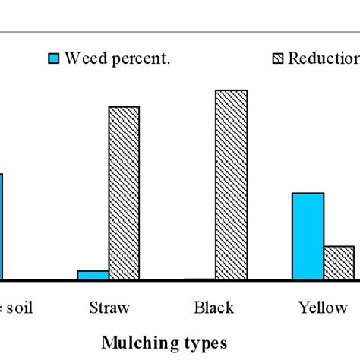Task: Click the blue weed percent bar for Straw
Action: pyautogui.click(x=93, y=275)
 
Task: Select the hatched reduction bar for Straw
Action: pyautogui.click(x=124, y=193)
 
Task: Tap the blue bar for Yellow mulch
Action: pyautogui.click(x=308, y=236)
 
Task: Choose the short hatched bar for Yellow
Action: pyautogui.click(x=339, y=263)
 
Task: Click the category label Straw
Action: pyautogui.click(x=109, y=308)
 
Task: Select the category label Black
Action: pyautogui.click(x=214, y=308)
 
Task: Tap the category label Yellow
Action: pyautogui.click(x=323, y=308)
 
